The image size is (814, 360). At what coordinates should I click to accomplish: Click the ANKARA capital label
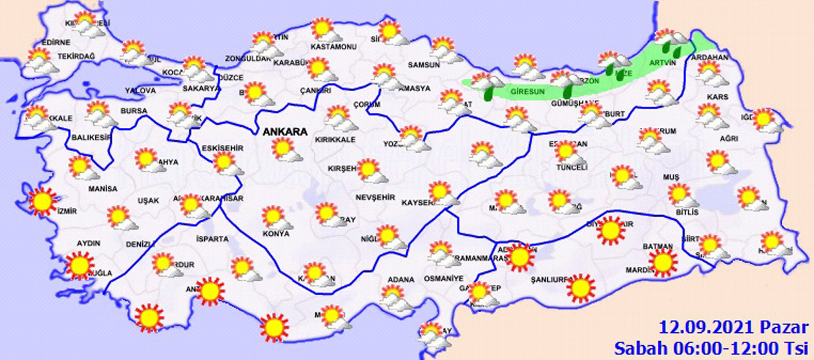tap(284, 132)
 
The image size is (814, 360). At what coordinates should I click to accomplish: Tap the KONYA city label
tap(276, 233)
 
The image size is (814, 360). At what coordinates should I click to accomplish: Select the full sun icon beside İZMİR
tap(43, 202)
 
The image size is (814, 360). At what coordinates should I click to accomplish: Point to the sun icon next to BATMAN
tap(663, 262)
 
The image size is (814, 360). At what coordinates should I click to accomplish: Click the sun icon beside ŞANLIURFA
tap(581, 288)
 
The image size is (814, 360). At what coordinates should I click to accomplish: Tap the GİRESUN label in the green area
tap(525, 92)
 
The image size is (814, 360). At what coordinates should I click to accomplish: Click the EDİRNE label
tap(55, 43)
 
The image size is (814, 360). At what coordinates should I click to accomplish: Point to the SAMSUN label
tap(424, 65)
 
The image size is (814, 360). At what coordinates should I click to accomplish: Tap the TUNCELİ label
tap(572, 167)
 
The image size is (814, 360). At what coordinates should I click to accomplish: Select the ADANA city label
tap(401, 280)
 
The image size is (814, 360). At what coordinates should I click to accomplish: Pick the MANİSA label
tap(103, 189)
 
